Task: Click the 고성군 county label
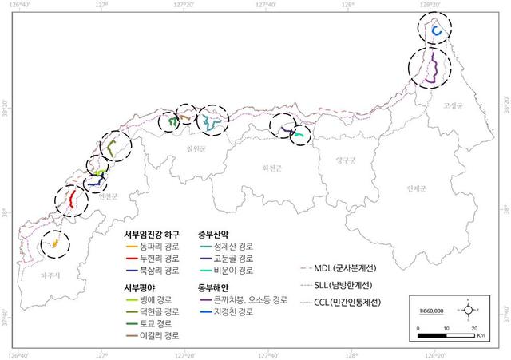coord(454,105)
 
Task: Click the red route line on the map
coord(73,199)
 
